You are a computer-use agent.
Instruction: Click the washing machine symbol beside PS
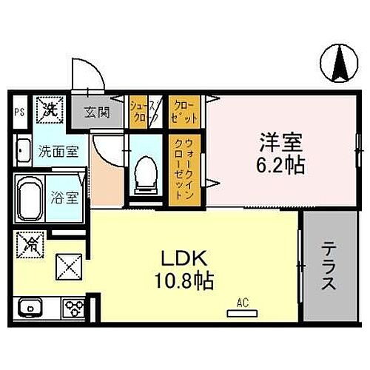tap(49, 110)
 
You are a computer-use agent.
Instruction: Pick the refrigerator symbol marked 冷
tap(31, 242)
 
